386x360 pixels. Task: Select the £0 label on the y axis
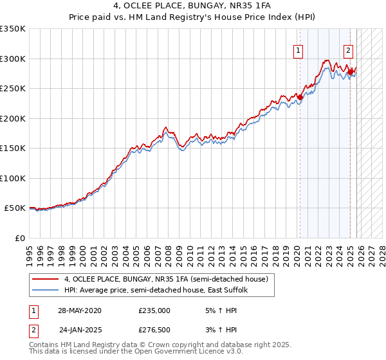point(20,238)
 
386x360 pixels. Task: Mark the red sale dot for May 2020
point(300,98)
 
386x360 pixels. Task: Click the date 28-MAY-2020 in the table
point(80,310)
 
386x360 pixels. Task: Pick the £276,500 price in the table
point(154,330)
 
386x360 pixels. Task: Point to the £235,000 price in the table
point(154,310)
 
